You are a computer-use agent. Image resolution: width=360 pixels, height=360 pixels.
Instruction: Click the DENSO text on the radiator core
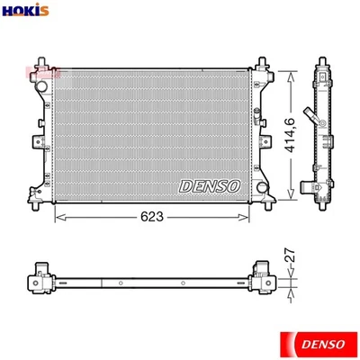click(211, 185)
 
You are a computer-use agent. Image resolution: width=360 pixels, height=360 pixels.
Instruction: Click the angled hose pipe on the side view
click(309, 119)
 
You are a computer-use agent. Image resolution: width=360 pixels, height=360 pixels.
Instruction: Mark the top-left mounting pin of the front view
click(39, 64)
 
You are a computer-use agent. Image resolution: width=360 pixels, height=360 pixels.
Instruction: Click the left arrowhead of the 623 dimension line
click(60, 217)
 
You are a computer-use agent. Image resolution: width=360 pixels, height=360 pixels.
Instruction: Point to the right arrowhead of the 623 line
click(248, 217)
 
